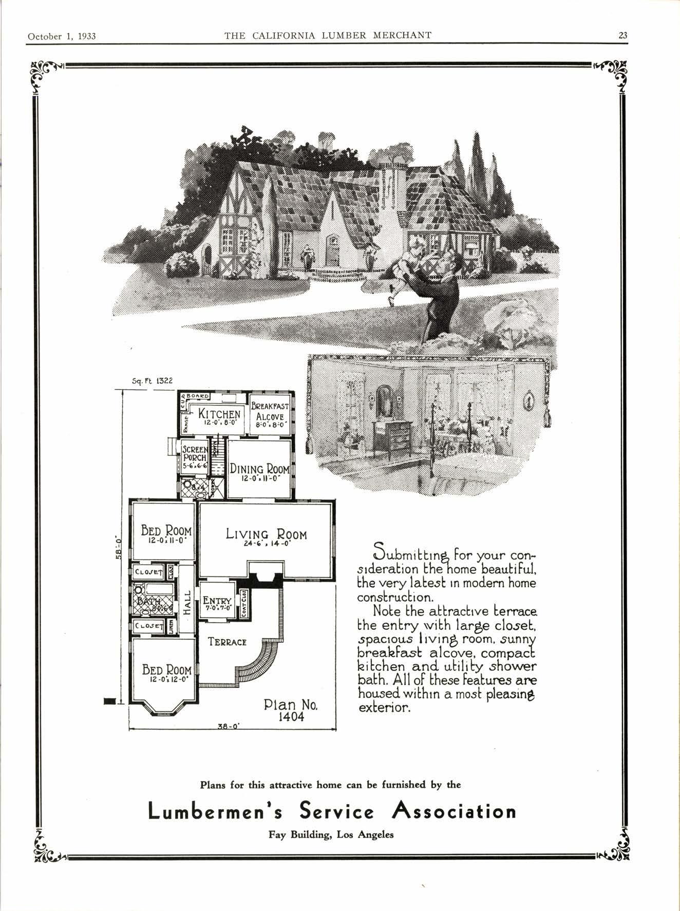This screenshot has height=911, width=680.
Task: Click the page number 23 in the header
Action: (622, 35)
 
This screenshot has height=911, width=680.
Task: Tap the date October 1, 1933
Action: (62, 36)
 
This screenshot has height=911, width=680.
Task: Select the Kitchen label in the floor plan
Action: (219, 414)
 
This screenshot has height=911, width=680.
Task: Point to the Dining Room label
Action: (259, 469)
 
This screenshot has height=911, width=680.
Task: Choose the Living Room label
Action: (266, 534)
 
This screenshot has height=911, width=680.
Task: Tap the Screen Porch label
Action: (195, 454)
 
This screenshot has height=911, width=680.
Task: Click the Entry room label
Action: (217, 601)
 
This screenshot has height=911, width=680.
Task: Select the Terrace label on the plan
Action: (227, 642)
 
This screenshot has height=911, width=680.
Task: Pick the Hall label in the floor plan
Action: (187, 602)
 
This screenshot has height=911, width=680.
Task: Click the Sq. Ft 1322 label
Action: (153, 381)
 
